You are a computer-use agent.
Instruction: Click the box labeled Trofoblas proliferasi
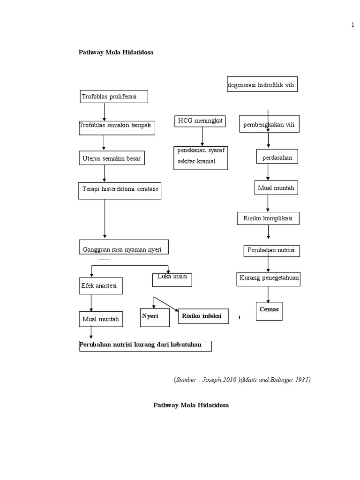113,97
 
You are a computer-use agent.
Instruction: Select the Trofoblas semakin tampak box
117,127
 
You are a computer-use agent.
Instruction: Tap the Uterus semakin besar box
111,159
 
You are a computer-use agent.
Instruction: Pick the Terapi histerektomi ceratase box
120,190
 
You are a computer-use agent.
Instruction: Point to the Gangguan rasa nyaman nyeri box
123,248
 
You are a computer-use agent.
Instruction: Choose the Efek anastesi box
100,285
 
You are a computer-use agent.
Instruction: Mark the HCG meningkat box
200,121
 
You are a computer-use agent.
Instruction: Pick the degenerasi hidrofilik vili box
262,84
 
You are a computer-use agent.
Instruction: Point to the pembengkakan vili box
270,125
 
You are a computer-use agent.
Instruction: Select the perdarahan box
277,157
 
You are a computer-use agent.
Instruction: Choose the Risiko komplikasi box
268,218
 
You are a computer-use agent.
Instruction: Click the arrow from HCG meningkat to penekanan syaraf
202,136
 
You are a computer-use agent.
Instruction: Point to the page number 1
352,25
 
